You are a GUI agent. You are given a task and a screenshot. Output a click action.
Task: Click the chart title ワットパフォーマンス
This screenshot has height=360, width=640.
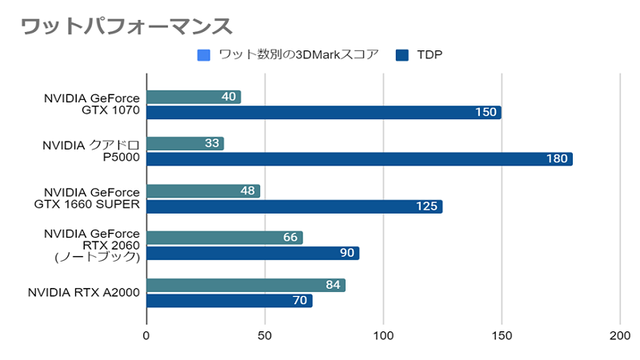pyautogui.click(x=126, y=26)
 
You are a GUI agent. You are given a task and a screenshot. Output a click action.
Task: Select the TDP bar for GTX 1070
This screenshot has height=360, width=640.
pyautogui.click(x=323, y=112)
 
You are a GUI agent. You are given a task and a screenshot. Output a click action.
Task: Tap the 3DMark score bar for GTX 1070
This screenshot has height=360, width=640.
pyautogui.click(x=194, y=97)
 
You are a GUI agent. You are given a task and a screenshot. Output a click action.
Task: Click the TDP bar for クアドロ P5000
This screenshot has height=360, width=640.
pyautogui.click(x=359, y=159)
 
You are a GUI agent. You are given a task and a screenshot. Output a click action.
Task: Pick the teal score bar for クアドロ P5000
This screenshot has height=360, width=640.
pyautogui.click(x=185, y=144)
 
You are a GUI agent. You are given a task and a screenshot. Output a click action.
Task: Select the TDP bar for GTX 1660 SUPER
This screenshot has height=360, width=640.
pyautogui.click(x=294, y=206)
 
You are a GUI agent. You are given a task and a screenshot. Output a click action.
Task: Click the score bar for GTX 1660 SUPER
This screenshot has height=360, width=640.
pyautogui.click(x=203, y=191)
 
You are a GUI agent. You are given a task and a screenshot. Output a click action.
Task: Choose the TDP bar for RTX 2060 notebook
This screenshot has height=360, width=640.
pyautogui.click(x=253, y=253)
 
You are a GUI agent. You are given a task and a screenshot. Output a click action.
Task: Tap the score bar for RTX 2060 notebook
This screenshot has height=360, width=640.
pyautogui.click(x=224, y=238)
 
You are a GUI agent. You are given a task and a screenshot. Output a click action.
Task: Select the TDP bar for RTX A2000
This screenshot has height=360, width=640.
pyautogui.click(x=229, y=300)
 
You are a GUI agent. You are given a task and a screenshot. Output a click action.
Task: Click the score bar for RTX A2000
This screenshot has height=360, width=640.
pyautogui.click(x=246, y=285)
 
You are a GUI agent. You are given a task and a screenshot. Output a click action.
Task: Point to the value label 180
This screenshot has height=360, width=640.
pyautogui.click(x=557, y=159)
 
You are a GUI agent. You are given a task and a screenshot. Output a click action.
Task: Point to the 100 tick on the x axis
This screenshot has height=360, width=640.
pyautogui.click(x=384, y=336)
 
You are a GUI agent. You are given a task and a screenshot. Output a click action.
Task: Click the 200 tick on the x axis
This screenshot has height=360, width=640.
pyautogui.click(x=620, y=336)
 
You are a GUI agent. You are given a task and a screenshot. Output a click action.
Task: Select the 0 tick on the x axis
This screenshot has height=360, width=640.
pyautogui.click(x=146, y=336)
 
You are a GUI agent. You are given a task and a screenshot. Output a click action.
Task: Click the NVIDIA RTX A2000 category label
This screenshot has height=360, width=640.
pyautogui.click(x=84, y=293)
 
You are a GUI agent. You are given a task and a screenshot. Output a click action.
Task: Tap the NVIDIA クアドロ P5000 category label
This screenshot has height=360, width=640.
pyautogui.click(x=90, y=151)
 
